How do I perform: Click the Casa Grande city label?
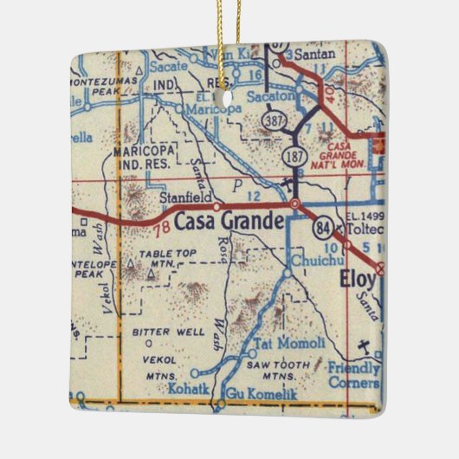pos(229,223)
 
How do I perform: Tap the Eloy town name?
pos(357,281)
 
